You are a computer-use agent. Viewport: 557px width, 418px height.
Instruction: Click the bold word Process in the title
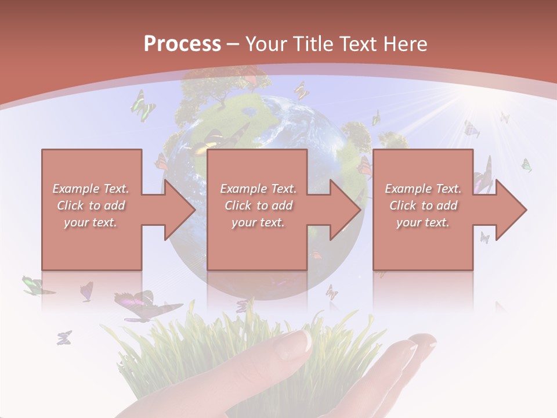[182, 44]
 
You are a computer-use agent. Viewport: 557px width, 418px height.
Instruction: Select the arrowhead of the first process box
[180, 210]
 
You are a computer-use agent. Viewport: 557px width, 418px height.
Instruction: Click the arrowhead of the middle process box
[346, 210]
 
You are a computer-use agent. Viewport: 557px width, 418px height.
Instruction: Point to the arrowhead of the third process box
[511, 210]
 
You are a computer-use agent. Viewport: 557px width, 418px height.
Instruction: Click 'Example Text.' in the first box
[91, 189]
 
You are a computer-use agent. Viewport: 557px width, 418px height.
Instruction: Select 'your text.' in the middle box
[258, 222]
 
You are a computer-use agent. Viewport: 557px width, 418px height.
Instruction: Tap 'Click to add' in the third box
[424, 206]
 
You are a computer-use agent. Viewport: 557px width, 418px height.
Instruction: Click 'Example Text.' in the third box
[424, 189]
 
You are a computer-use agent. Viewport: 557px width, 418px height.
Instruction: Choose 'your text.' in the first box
[91, 222]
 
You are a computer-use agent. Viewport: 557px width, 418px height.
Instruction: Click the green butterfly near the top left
[142, 105]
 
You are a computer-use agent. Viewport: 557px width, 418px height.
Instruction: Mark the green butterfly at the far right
[526, 165]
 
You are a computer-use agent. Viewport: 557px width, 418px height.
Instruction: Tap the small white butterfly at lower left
[64, 337]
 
